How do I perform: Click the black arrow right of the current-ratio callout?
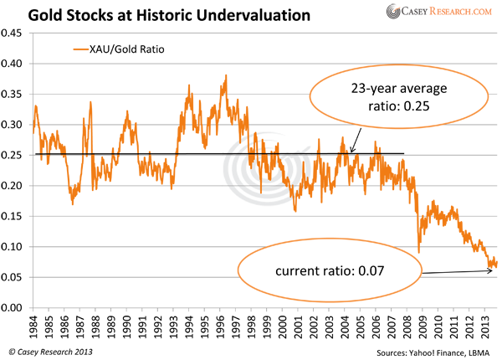click(x=456, y=269)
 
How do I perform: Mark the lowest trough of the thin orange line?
click(x=295, y=208)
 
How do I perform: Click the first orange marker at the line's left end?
click(x=40, y=113)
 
